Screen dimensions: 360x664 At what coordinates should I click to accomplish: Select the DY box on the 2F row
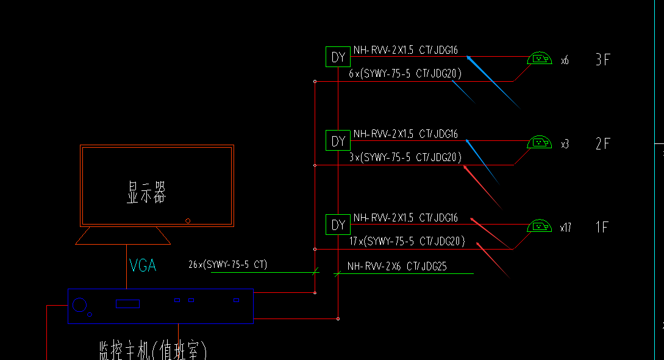point(338,141)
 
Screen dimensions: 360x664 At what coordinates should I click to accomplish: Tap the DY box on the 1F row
point(338,225)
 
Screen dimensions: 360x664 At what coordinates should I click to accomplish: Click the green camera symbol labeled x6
point(539,59)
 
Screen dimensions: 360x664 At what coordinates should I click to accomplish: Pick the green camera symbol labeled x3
point(539,142)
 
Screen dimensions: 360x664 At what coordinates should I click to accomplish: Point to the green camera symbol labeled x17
point(539,226)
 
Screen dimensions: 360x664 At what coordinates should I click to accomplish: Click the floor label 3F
point(602,59)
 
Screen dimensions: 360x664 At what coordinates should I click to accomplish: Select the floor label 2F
point(602,143)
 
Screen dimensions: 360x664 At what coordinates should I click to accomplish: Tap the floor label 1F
point(602,228)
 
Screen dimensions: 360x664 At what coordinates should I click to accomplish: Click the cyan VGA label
point(143,265)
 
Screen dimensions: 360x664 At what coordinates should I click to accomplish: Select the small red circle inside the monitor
point(188,220)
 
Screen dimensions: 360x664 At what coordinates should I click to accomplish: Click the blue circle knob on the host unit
point(79,304)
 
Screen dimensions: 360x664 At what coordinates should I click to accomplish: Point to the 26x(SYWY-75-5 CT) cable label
point(228,265)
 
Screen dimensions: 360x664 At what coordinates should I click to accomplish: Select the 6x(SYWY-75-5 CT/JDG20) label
point(405,73)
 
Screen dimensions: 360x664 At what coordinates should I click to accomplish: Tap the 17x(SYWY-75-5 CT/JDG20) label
point(407,241)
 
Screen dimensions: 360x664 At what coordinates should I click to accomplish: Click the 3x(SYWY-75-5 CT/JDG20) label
point(405,157)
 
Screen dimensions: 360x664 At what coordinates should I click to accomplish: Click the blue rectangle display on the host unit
point(128,303)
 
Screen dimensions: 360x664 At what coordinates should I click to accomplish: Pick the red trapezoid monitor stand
point(123,236)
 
